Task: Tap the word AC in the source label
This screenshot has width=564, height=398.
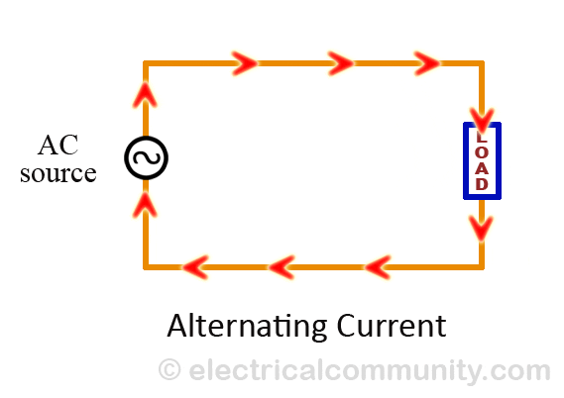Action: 57,146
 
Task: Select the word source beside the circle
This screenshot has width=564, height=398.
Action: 58,173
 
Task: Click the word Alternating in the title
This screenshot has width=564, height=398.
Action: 247,326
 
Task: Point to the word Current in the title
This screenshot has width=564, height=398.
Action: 392,326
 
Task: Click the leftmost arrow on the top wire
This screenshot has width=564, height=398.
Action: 245,63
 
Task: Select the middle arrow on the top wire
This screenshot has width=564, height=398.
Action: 341,63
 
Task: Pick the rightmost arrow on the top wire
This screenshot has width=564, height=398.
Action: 427,63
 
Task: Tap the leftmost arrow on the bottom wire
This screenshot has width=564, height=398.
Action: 195,267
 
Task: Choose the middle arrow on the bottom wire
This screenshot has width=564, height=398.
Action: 282,267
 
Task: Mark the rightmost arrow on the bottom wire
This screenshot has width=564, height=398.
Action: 378,267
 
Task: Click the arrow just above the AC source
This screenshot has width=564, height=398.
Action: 145,95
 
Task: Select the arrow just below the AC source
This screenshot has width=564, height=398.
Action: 145,205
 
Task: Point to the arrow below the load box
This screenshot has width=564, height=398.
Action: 481,228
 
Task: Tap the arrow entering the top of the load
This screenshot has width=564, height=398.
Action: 482,121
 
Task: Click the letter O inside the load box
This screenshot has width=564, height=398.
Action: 482,152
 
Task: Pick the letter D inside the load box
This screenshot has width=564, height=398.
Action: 482,184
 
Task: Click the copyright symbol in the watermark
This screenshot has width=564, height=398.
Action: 169,369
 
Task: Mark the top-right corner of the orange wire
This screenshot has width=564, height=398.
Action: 482,63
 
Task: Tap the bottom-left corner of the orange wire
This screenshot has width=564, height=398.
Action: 146,267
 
